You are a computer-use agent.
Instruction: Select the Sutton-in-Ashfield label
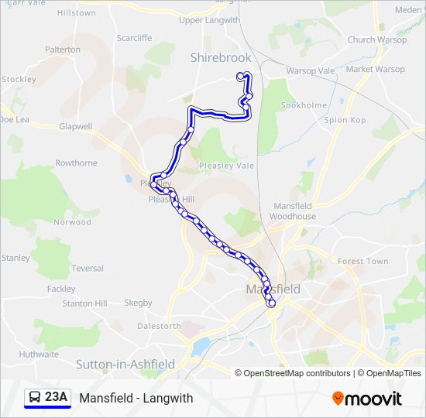coord(125,364)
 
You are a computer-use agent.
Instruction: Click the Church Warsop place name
coord(372,39)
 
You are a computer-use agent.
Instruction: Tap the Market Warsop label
coord(376,69)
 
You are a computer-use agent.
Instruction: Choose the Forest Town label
coord(362,262)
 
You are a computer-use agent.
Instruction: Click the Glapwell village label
coord(75,126)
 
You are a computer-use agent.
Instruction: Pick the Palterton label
coord(63,50)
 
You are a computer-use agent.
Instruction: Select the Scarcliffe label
coord(134,37)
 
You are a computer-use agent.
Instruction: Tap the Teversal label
coord(88,269)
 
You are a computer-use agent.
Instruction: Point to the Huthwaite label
coord(39,355)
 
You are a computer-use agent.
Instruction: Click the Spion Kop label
coord(345,120)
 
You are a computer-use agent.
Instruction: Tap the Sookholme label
coord(303,104)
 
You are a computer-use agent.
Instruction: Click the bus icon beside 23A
coord(35,398)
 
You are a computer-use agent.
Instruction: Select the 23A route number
coord(57,398)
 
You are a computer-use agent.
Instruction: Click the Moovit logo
coord(367,399)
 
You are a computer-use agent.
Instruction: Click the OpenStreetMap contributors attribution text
coord(297,373)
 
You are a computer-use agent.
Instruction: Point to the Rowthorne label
coord(76,163)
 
